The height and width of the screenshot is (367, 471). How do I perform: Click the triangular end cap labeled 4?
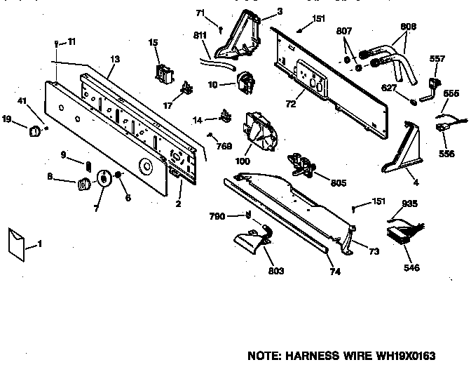click(400, 151)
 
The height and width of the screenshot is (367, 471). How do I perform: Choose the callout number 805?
click(338, 184)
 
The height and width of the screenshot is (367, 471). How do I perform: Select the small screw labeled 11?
click(57, 44)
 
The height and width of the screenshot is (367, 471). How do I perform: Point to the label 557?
click(437, 59)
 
